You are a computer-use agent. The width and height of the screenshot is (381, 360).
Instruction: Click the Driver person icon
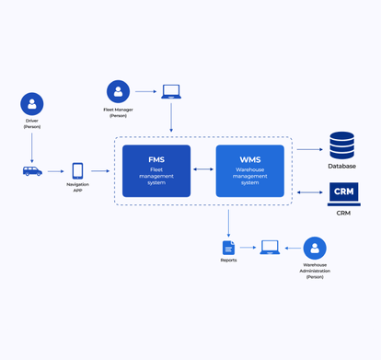click(32, 104)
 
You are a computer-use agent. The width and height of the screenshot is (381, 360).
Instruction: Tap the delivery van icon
click(32, 171)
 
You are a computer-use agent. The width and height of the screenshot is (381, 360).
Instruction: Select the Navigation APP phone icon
click(77, 171)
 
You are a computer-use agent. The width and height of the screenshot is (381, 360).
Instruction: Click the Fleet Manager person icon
click(118, 91)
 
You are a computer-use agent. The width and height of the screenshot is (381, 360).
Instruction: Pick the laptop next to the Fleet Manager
click(171, 92)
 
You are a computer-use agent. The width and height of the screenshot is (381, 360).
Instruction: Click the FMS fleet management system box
click(156, 170)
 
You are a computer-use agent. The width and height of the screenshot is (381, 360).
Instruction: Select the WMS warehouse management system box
click(249, 170)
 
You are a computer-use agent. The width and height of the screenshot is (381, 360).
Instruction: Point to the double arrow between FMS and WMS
click(203, 170)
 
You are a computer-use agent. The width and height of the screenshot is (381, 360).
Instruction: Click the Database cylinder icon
click(341, 146)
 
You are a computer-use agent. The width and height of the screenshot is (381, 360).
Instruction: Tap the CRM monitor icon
click(343, 194)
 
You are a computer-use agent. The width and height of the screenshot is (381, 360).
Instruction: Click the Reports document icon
click(228, 248)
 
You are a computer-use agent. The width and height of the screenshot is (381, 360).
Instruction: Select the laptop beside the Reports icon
click(270, 248)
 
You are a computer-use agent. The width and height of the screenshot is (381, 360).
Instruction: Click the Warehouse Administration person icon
click(315, 248)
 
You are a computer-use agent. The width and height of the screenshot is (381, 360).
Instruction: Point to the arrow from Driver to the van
click(32, 147)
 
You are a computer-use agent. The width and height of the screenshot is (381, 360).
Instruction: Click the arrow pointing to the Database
click(309, 148)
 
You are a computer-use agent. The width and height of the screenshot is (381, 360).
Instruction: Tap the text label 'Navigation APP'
click(77, 188)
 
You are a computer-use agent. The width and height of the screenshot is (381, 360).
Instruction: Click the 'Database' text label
click(341, 167)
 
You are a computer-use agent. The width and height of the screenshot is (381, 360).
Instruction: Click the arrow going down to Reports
click(228, 222)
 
